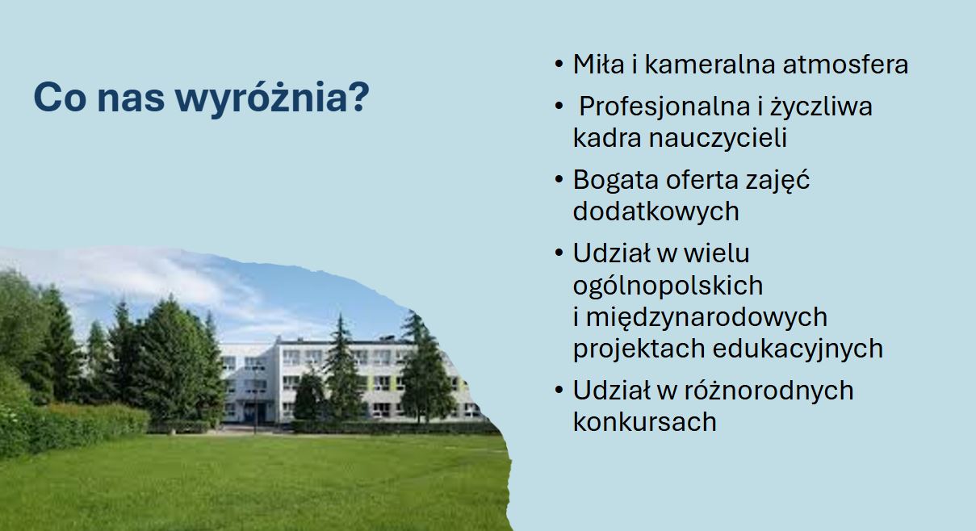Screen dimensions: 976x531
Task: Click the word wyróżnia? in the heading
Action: click(x=272, y=98)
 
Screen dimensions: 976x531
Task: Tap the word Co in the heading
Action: click(x=60, y=97)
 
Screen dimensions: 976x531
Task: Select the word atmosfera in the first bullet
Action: click(x=845, y=65)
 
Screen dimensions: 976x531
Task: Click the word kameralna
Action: click(x=710, y=64)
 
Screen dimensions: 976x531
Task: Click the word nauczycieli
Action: click(x=718, y=138)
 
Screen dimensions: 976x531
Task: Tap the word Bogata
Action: click(x=615, y=180)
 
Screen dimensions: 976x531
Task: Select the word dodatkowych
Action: click(x=656, y=211)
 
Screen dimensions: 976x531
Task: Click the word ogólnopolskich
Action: click(x=668, y=286)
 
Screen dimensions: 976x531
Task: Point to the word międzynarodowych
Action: click(x=706, y=318)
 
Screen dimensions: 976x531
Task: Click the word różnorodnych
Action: click(x=769, y=391)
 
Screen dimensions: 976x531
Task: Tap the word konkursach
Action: click(x=644, y=422)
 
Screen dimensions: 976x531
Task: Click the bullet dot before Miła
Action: click(x=559, y=65)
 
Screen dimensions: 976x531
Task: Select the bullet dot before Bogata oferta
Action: click(x=559, y=180)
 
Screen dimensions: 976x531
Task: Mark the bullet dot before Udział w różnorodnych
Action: click(x=559, y=390)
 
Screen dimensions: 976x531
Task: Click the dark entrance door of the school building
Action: click(x=254, y=412)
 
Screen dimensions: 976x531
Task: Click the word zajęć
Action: click(x=777, y=180)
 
